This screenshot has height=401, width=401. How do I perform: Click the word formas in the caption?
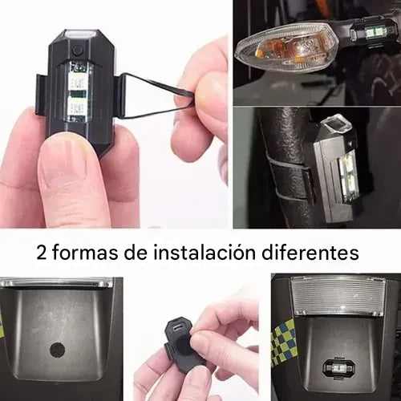85,253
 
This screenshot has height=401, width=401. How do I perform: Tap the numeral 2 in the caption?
41,253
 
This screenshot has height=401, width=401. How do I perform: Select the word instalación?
205,253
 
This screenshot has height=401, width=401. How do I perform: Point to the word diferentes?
310,253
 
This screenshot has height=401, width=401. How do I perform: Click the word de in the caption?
136,253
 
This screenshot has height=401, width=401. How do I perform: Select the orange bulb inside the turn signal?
270,51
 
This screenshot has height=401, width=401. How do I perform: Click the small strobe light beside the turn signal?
371,34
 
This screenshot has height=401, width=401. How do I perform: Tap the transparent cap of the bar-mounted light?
335,123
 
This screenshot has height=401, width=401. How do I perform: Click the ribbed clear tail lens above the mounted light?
338,294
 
